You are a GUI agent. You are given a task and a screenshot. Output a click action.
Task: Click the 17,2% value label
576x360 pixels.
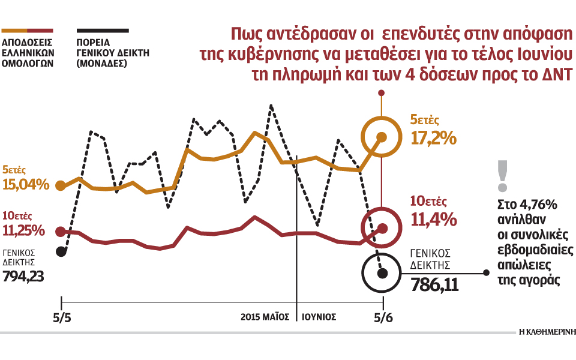point(433,139)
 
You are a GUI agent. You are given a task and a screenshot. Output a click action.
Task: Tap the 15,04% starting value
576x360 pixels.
point(26,184)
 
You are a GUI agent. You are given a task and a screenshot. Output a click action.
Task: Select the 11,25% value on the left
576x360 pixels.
point(24,230)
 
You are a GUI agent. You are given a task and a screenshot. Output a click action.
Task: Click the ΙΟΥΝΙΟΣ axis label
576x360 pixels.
point(319,316)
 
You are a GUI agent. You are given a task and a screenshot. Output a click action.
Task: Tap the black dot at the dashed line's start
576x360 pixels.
point(60,251)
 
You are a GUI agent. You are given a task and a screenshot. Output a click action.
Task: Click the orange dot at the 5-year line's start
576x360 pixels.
point(60,185)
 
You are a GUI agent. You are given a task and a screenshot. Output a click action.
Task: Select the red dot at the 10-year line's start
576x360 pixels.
point(60,231)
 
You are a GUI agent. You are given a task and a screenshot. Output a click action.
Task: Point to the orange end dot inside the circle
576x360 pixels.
point(383,137)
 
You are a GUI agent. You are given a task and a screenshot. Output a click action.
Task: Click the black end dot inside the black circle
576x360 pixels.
point(383,273)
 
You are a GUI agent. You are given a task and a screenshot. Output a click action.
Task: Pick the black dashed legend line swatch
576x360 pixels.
point(102,29)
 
